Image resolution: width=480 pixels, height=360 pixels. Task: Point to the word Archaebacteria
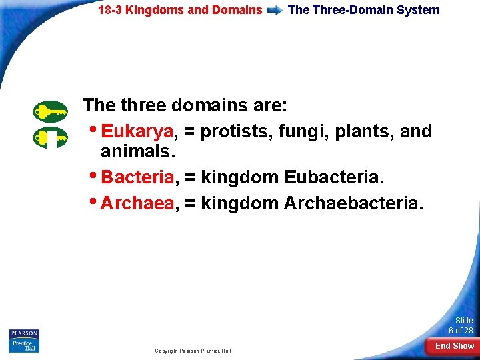353,203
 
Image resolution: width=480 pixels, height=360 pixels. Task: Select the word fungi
297,132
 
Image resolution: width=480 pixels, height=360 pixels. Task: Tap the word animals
137,153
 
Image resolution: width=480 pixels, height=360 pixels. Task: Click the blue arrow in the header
275,11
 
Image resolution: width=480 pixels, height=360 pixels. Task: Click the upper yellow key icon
51,111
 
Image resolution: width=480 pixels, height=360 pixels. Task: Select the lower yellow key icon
51,138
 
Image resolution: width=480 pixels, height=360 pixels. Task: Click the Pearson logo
24,333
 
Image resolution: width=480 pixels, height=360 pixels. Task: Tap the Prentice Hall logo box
24,345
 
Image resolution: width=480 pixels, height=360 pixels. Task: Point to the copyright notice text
193,351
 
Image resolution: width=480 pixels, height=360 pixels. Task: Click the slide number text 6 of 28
461,331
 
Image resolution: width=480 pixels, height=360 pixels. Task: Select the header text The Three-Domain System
363,10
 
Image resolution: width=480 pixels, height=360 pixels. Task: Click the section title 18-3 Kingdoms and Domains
180,10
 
